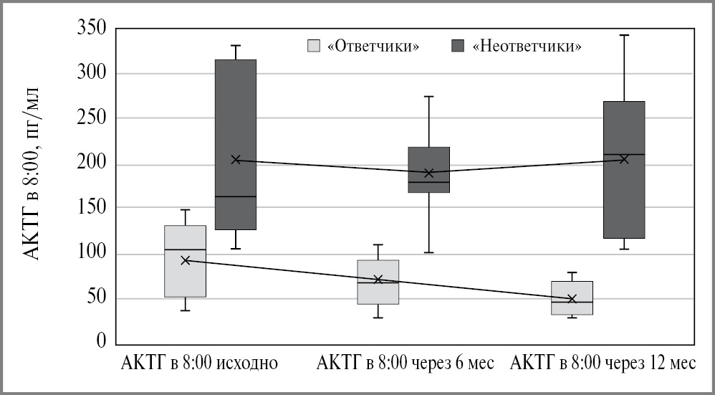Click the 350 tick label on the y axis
[x=92, y=29]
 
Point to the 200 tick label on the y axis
[x=92, y=164]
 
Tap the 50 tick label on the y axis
[x=97, y=298]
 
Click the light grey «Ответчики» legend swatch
[x=313, y=46]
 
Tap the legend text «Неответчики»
[x=527, y=47]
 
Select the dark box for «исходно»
[x=236, y=144]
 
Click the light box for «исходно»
[x=185, y=261]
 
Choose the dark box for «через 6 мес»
[x=428, y=170]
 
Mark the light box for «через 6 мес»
[x=378, y=282]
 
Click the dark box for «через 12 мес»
[x=623, y=170]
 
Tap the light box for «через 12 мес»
[x=572, y=298]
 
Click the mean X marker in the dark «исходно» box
[x=236, y=160]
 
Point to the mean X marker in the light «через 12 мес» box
[x=572, y=298]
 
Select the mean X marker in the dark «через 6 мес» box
[x=428, y=173]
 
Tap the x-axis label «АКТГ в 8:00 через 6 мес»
[x=406, y=363]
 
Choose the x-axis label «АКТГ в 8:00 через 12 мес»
[x=602, y=363]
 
